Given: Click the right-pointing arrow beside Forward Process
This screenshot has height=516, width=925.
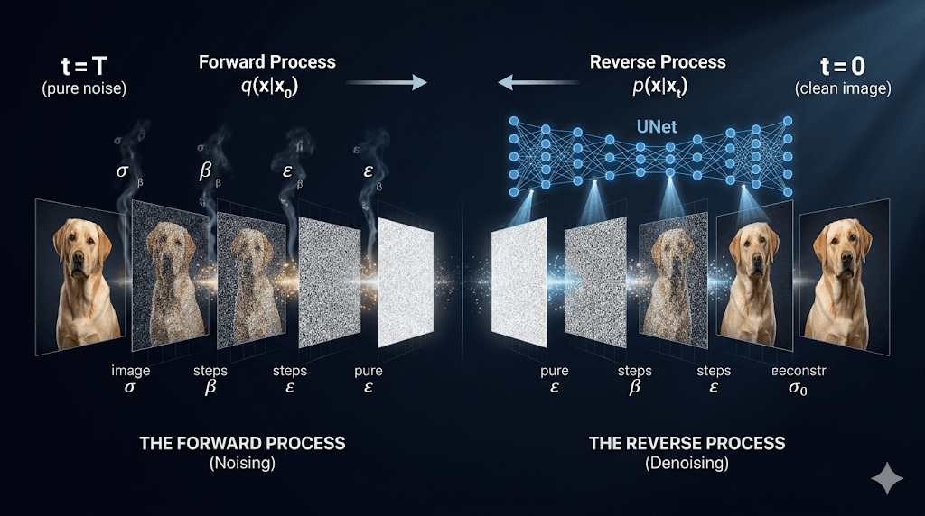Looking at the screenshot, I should coord(386,82).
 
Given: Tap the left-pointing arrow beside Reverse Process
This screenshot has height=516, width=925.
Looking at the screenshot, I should coord(538,82).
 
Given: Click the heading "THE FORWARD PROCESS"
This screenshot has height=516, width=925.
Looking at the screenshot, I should coord(242,443).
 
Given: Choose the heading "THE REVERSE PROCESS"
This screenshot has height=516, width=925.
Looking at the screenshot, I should coord(687,443).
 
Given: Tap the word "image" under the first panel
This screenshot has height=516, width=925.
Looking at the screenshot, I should coord(131,371).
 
